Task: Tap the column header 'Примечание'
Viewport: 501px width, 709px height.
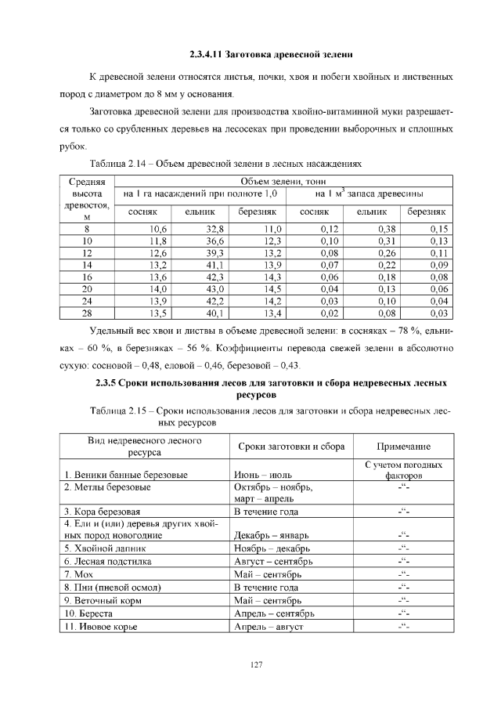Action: pyautogui.click(x=403, y=446)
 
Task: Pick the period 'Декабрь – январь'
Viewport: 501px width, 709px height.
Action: pyautogui.click(x=272, y=535)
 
